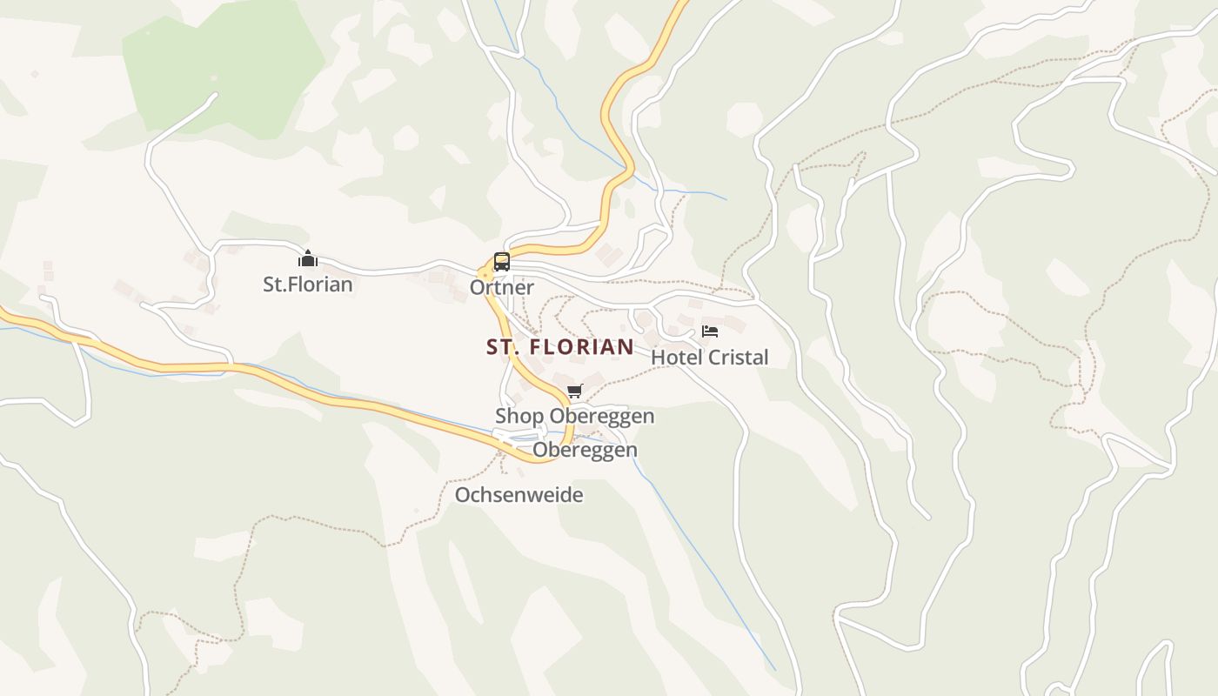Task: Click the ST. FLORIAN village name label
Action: coord(560,347)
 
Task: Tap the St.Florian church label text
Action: coord(308,284)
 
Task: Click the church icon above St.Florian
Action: coord(308,258)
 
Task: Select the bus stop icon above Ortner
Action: coord(501,261)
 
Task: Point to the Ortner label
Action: coord(502,287)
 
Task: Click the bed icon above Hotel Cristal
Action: coord(710,331)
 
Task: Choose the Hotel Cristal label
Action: coord(710,358)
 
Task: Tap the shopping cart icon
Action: coord(574,391)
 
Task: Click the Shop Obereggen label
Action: coord(575,417)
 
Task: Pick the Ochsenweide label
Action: coord(519,495)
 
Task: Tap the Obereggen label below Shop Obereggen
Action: coord(585,450)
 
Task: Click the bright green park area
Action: coord(222,65)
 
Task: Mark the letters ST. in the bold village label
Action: coord(503,347)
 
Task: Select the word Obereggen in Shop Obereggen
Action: coord(602,417)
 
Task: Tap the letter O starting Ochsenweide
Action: coord(463,495)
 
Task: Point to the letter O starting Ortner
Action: coord(477,287)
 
